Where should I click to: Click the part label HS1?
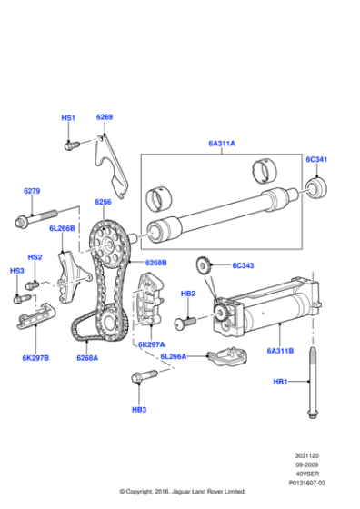pos(69,118)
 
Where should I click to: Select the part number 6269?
pos(105,117)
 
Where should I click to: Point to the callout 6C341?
pos(316,160)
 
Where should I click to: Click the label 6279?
pos(32,191)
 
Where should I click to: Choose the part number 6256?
pos(103,203)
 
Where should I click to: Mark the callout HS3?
pos(17,271)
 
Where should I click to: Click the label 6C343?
pos(245,266)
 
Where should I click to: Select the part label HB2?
pos(188,294)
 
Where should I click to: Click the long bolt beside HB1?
pos(315,382)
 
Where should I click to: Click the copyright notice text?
pos(182,492)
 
